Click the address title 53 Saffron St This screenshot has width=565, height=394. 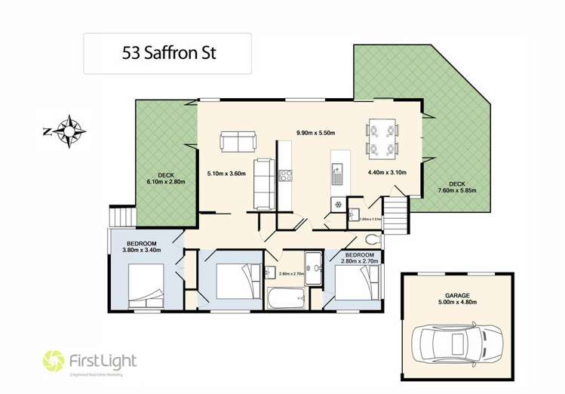(167, 54)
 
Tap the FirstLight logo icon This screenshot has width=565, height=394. (55, 359)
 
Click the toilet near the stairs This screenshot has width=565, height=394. (371, 240)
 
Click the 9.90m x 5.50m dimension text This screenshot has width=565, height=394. (315, 133)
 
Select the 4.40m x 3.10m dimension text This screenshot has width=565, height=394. (386, 172)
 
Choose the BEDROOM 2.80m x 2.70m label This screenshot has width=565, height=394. (359, 259)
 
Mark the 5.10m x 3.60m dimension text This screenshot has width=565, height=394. (226, 172)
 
